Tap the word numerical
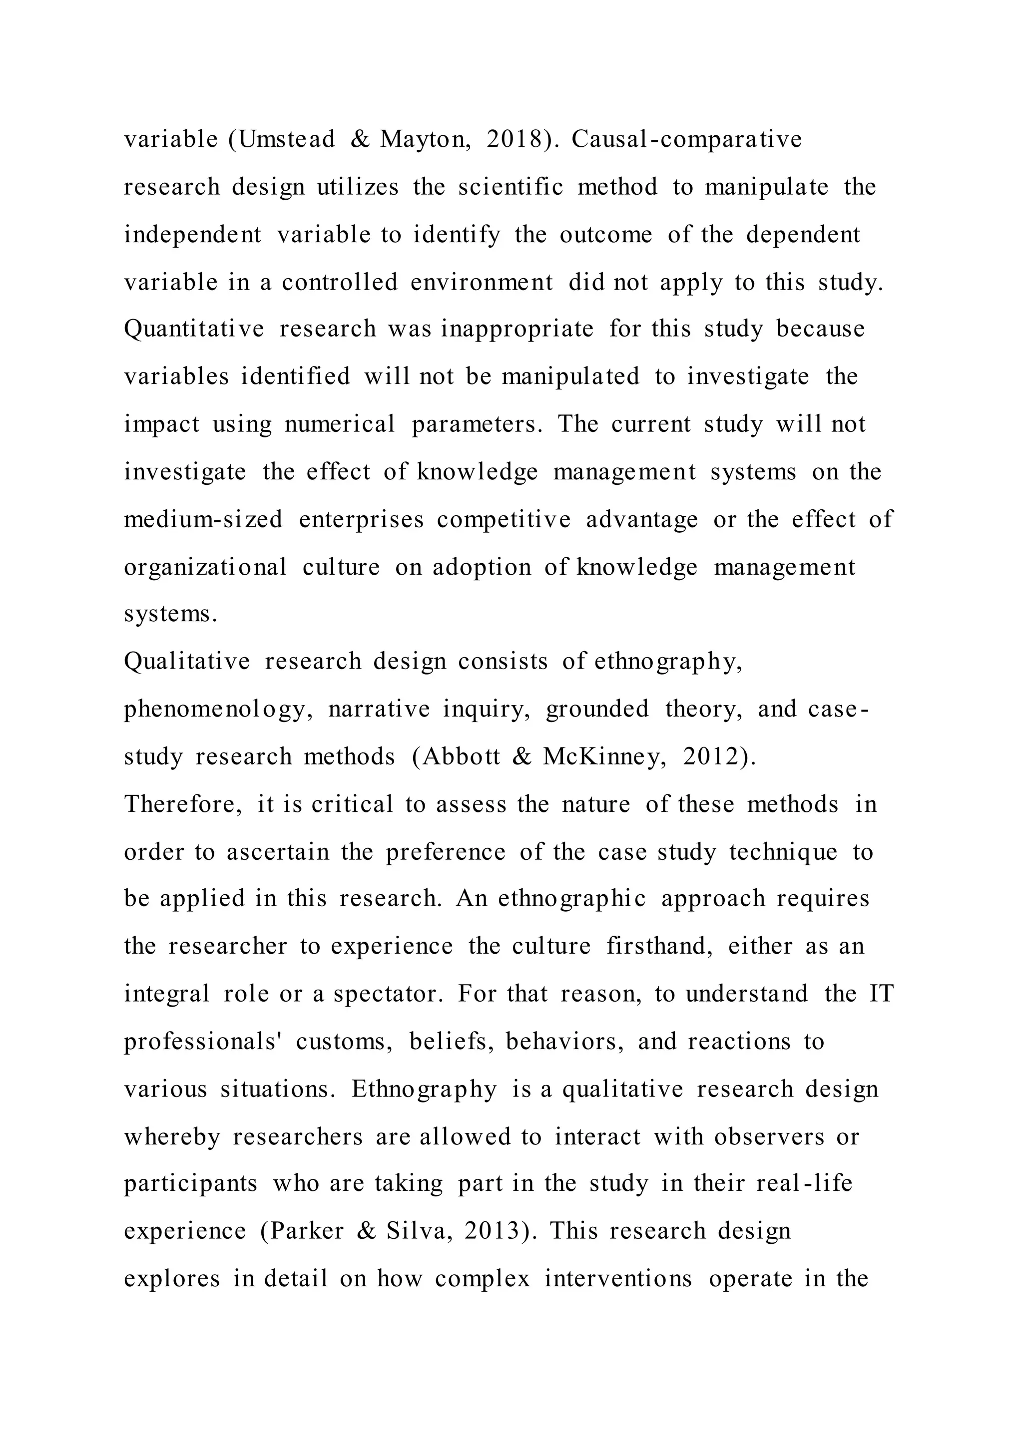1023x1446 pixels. point(340,424)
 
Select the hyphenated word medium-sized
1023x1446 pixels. point(203,520)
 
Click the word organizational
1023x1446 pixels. point(205,567)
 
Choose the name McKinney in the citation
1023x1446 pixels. point(603,756)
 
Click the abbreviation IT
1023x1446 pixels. point(882,994)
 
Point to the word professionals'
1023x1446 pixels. point(202,1042)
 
